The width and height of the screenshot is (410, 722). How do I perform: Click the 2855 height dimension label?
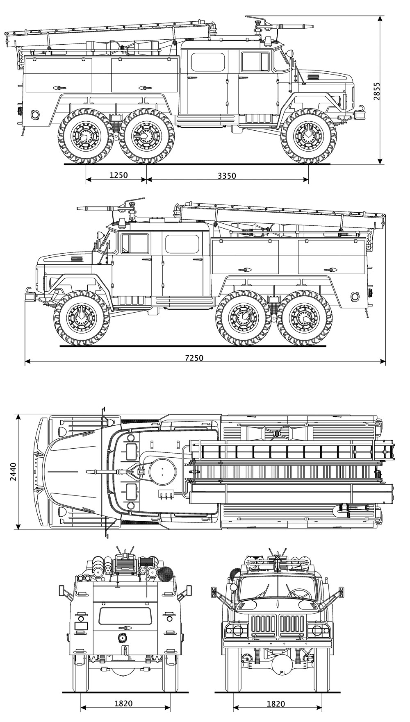pos(377,91)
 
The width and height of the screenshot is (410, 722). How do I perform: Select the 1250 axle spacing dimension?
pos(118,175)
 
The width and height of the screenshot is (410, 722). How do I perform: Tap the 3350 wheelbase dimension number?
pos(227,176)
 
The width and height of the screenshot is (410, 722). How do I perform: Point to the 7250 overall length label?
pos(194,358)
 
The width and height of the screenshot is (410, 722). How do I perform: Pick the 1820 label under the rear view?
pos(123,704)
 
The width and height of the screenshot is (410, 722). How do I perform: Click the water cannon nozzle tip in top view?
pos(87,472)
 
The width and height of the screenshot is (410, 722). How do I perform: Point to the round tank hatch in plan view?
pos(162,472)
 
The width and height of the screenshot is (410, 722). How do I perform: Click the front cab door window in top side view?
pos(255,62)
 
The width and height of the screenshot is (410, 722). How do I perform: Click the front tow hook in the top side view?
pos(361,109)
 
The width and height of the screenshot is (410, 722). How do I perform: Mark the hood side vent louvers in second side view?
pos(77,259)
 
